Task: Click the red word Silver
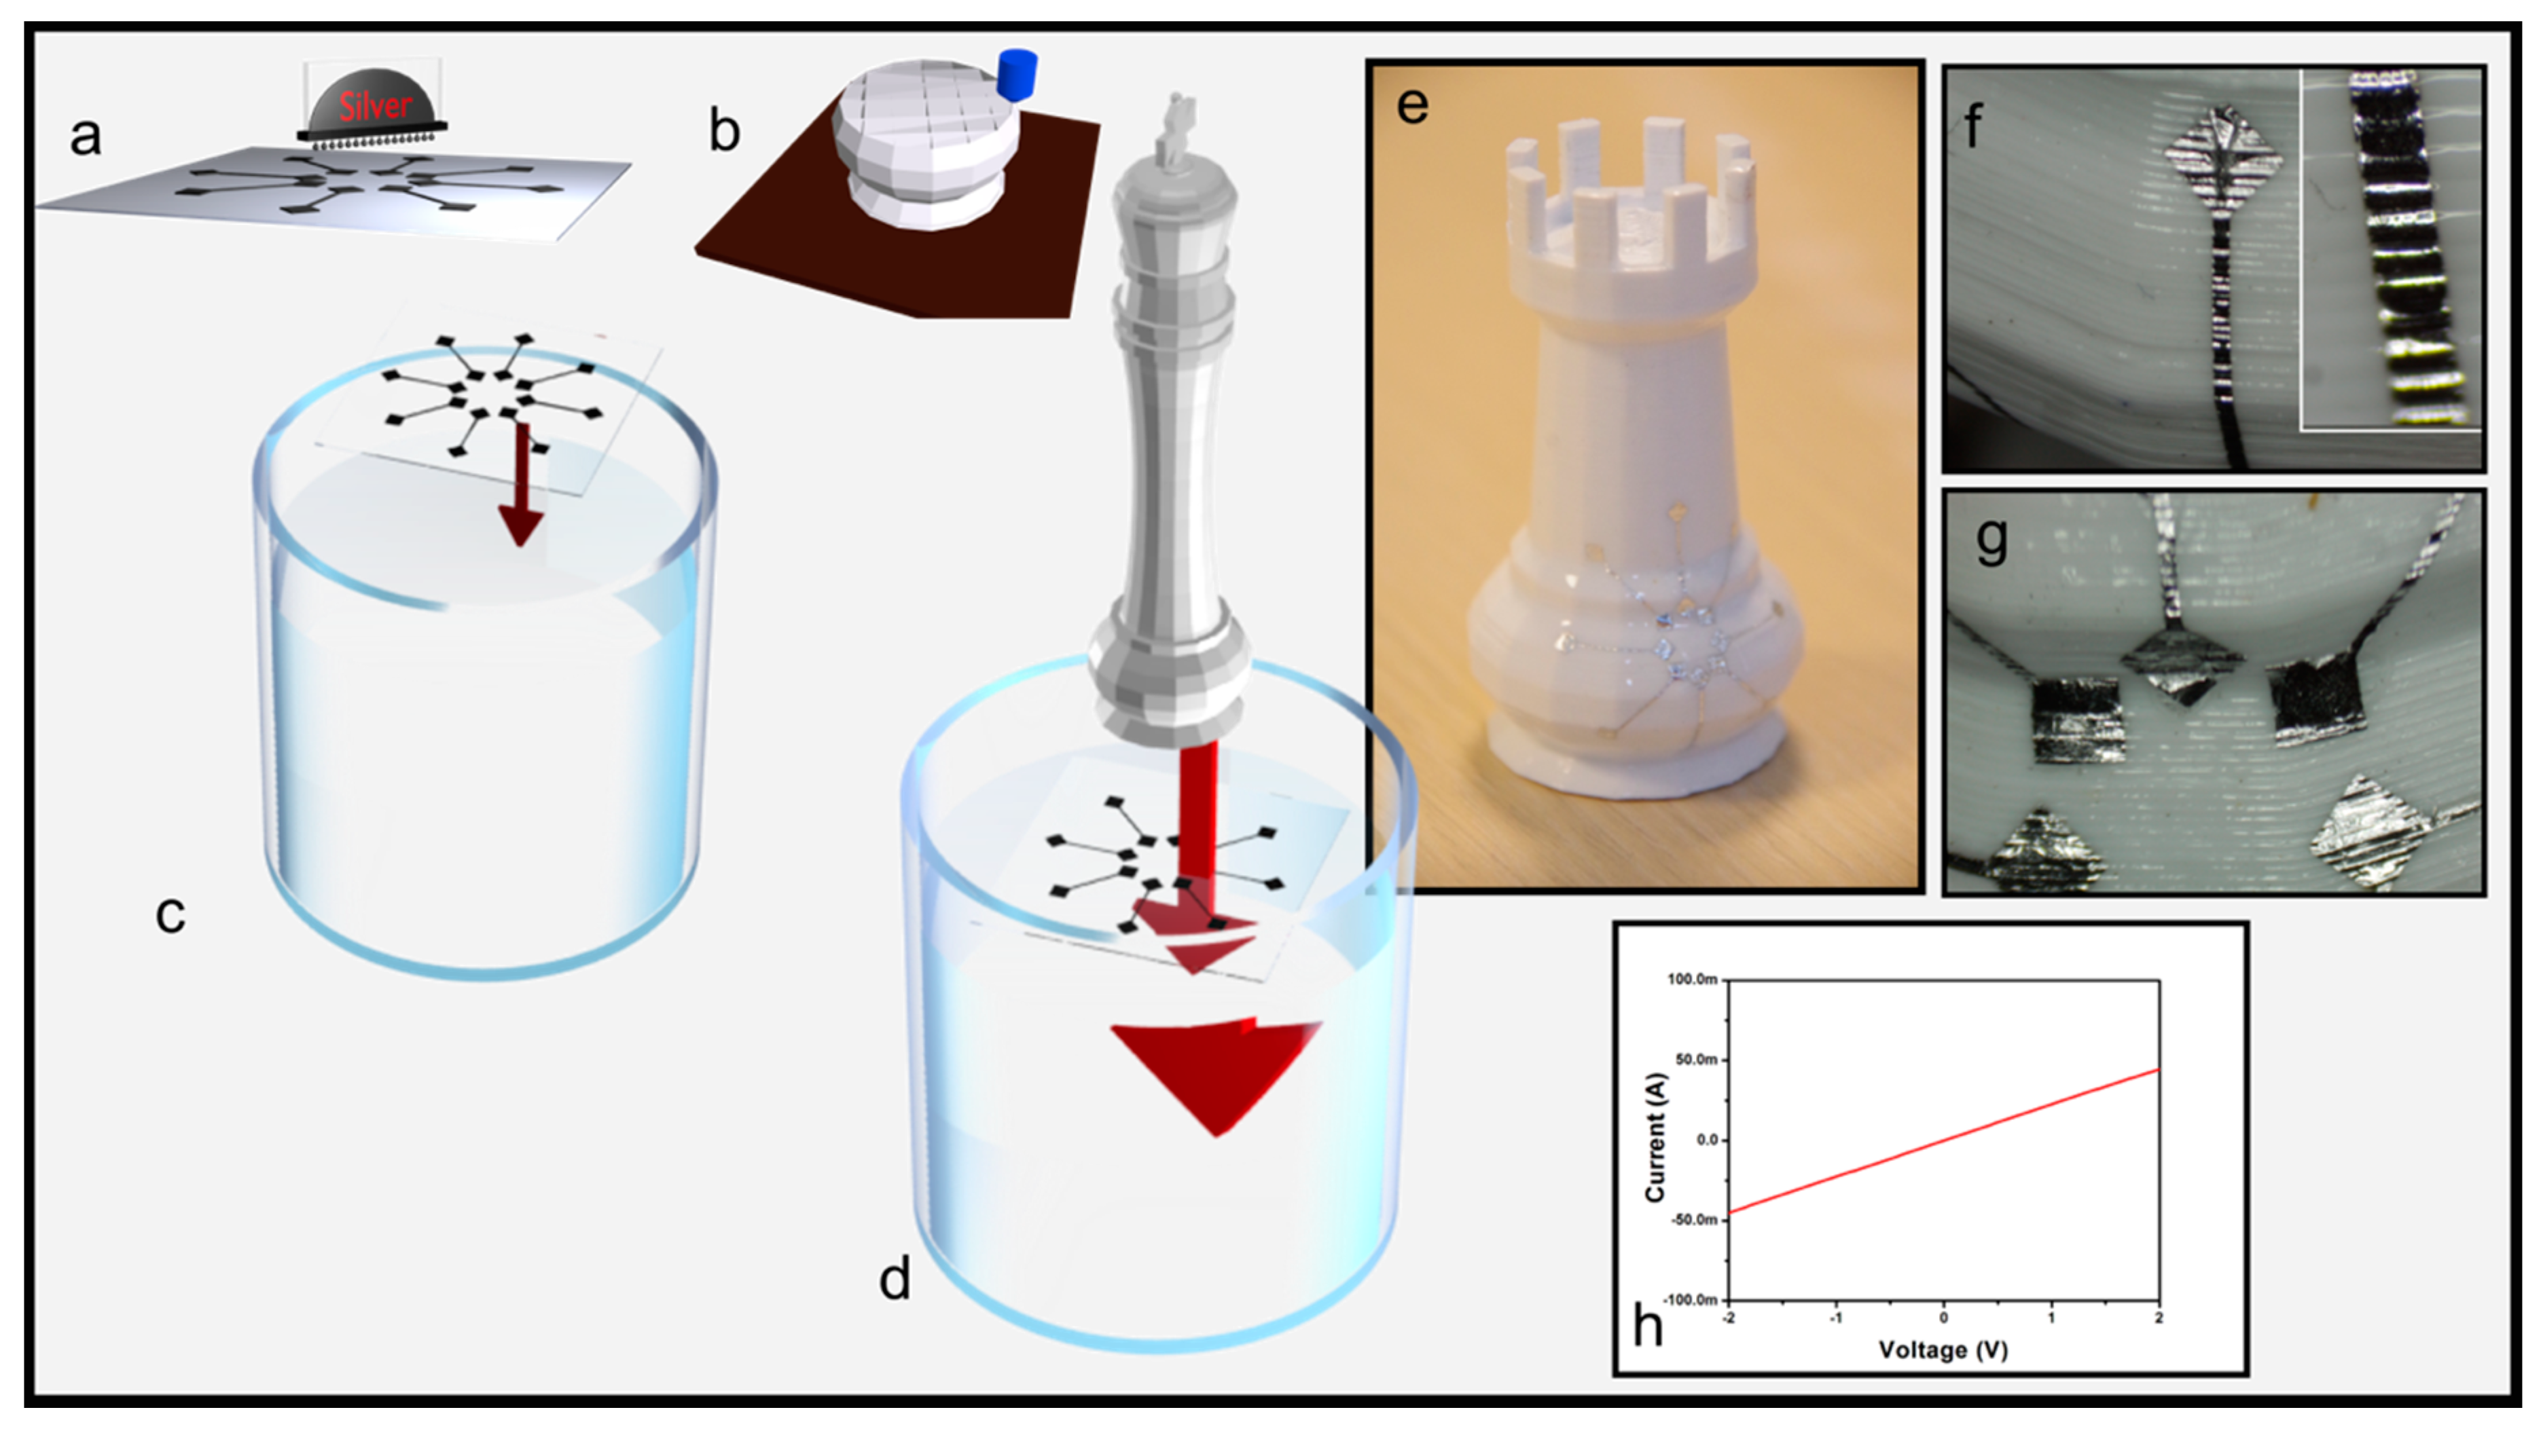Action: click(374, 105)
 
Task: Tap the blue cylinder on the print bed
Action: click(1016, 74)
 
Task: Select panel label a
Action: click(85, 136)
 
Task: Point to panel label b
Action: click(725, 130)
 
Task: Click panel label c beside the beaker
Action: click(170, 915)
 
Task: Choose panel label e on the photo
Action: click(1413, 105)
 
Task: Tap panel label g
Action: click(1991, 541)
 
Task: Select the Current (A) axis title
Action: click(1655, 1137)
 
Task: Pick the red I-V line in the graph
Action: click(1944, 1141)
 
